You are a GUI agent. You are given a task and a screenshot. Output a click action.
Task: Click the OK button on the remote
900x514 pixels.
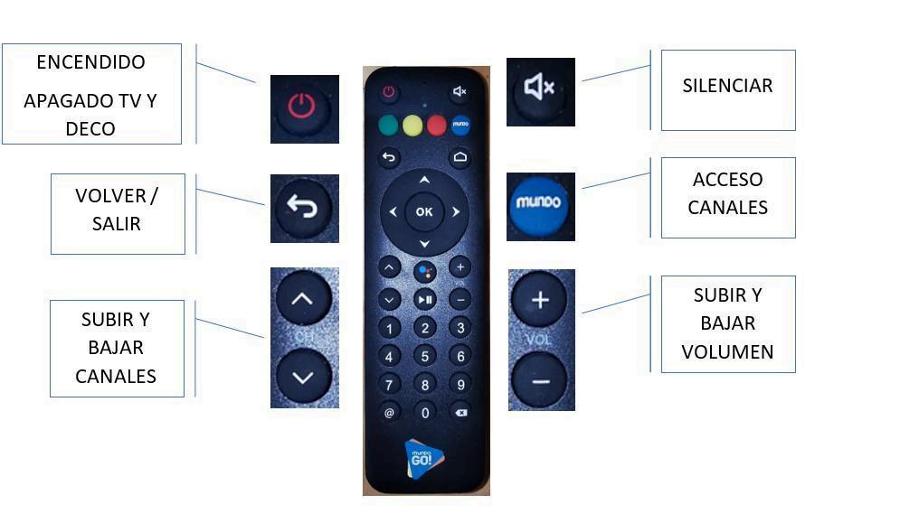(424, 211)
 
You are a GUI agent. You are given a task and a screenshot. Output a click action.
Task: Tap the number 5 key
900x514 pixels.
(424, 356)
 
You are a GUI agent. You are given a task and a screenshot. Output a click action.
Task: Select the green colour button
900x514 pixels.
(388, 126)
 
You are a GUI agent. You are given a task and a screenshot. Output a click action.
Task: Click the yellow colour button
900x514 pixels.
(412, 126)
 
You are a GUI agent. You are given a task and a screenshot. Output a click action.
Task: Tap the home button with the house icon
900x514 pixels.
(459, 157)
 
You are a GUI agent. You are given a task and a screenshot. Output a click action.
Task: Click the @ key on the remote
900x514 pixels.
(389, 413)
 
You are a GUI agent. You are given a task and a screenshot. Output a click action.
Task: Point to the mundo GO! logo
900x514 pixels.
(423, 458)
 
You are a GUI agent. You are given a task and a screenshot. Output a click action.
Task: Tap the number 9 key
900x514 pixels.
(460, 385)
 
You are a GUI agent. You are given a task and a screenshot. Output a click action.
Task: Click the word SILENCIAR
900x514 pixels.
(727, 86)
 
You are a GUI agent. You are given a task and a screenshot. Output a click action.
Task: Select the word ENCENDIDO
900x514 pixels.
(90, 62)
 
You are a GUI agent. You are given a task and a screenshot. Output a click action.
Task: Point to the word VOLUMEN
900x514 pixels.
(727, 351)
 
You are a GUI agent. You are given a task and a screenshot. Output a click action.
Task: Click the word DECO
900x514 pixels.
(90, 128)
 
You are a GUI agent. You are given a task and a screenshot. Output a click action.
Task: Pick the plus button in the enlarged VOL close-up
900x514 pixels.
(540, 301)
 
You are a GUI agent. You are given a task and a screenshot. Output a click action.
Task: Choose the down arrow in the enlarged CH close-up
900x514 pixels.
(303, 378)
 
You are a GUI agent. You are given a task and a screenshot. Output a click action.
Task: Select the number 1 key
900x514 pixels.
(389, 328)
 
